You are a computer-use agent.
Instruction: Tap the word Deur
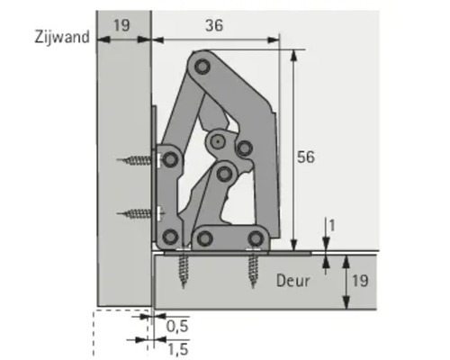pos(292,281)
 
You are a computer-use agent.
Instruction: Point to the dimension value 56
pos(305,157)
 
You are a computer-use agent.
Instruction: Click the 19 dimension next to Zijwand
pos(122,26)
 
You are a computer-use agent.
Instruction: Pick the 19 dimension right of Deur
pos(357,280)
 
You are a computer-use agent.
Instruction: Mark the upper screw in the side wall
pos(139,162)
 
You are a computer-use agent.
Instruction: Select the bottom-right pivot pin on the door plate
pos(256,238)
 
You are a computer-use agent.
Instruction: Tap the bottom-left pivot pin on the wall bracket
pos(169,238)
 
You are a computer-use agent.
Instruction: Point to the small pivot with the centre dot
pos(217,141)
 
